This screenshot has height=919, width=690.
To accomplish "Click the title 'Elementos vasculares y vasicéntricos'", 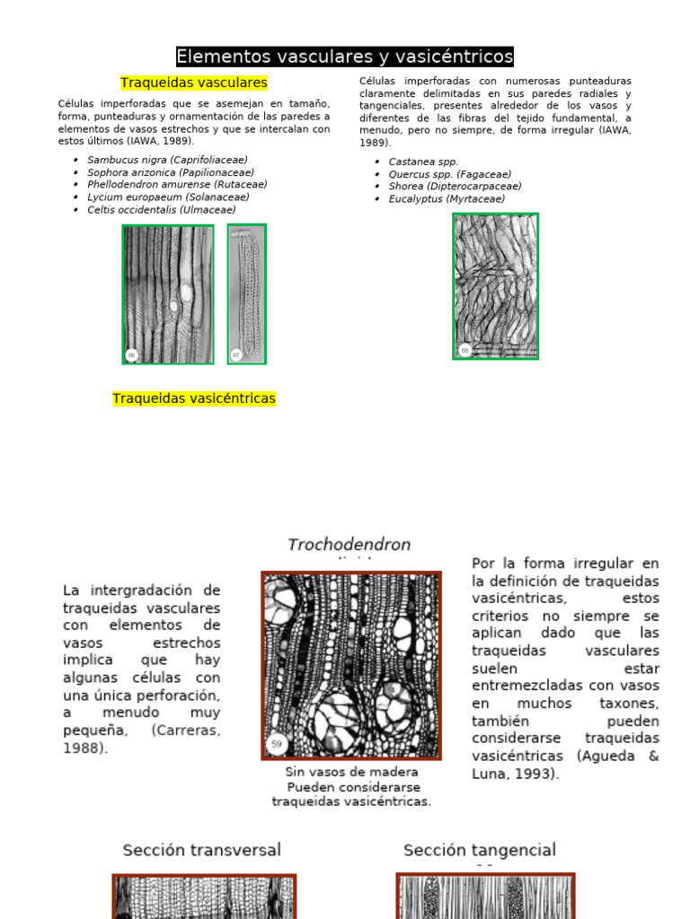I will (344, 57).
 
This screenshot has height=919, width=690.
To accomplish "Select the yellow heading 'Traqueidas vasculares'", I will (194, 83).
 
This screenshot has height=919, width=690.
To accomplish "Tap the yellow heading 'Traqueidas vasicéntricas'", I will (194, 398).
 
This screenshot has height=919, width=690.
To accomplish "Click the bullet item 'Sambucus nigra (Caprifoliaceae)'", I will (167, 160).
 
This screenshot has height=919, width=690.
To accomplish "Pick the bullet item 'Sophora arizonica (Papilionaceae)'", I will (171, 172).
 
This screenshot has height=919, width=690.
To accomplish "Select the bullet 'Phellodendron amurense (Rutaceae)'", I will (177, 185).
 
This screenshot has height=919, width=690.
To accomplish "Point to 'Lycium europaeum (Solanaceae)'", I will (168, 197).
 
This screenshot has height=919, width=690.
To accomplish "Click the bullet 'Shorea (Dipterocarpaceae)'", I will (455, 187).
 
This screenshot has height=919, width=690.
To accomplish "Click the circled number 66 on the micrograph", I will (132, 355).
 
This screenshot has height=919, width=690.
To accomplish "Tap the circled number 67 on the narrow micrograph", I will (237, 354).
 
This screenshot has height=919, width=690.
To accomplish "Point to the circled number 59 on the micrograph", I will (277, 744).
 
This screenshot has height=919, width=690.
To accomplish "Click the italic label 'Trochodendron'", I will (349, 545).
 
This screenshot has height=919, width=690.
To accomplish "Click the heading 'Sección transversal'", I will (201, 850).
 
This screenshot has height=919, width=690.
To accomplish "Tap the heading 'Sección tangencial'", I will (480, 850).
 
